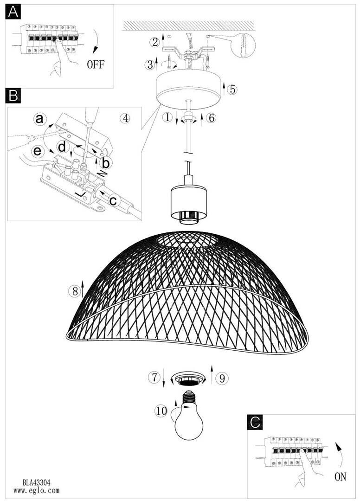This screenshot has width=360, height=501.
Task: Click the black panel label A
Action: pos(13,12)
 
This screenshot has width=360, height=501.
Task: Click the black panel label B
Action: pos(13,96)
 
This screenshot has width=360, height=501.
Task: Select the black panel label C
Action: pos(255,422)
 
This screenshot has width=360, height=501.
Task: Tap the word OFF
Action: pos(96,64)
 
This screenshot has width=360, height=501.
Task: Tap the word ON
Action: pos(340,477)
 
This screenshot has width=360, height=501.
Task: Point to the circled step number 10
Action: pos(161,411)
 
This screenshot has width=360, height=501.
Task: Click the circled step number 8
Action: pos(75,291)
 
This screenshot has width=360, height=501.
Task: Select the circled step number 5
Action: pos(232,90)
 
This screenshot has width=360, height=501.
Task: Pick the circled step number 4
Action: pos(126,119)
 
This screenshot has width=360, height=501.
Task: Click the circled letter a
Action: pos(40,119)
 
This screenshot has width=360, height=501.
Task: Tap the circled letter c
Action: pos(113,201)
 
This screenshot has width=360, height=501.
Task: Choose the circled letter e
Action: pos(38,150)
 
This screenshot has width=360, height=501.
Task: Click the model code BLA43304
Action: pos(36,482)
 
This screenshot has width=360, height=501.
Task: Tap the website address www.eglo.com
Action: pos(36,490)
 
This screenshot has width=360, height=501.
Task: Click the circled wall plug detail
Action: pos(244,45)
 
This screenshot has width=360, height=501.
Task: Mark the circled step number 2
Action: pos(155,42)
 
